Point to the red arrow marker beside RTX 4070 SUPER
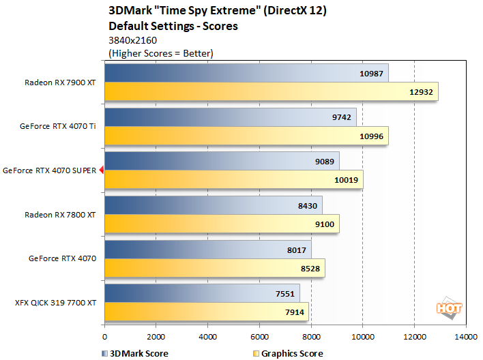click(x=101, y=170)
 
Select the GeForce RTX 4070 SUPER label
click(x=50, y=170)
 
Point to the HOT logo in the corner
click(x=450, y=307)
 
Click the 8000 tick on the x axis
click(x=311, y=336)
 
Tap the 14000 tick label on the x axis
click(x=466, y=336)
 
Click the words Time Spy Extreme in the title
click(x=192, y=10)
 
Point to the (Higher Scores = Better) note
click(x=161, y=53)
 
